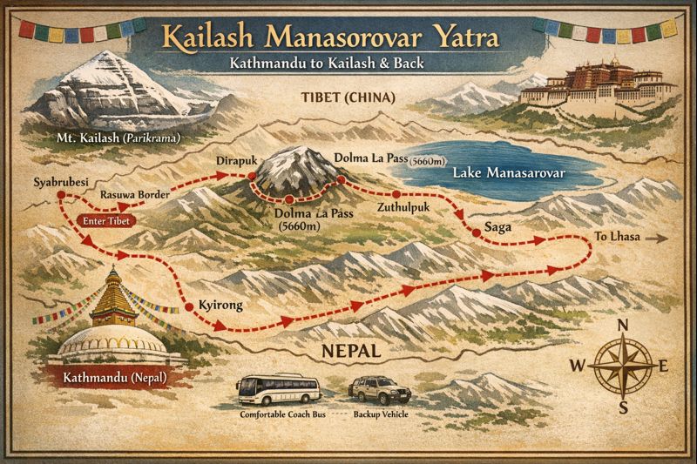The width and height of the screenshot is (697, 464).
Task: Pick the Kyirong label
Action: (x=219, y=306)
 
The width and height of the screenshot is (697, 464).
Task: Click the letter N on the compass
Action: (x=623, y=326)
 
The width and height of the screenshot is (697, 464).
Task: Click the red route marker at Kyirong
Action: (x=189, y=307)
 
